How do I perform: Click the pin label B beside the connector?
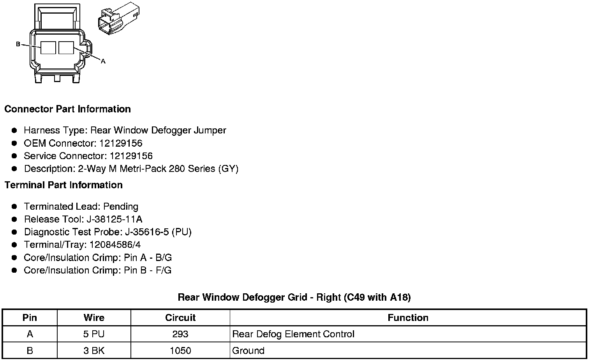coord(18,44)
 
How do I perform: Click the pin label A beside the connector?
coord(103,61)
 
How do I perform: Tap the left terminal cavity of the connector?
coord(48,48)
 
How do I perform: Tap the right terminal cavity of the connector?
coord(66,48)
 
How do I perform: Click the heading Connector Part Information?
coord(67,109)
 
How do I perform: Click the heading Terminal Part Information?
coord(63,185)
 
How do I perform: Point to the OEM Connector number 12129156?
coord(121,143)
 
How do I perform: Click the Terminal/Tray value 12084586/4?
coord(115,245)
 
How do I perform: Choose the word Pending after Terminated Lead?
coord(121,206)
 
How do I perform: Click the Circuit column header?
coord(180,317)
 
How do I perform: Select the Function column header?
coord(408,317)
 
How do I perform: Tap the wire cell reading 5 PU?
coord(94,334)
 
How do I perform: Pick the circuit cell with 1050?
coord(180,350)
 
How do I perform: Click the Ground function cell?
coord(248,350)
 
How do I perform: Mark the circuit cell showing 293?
coord(180,334)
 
